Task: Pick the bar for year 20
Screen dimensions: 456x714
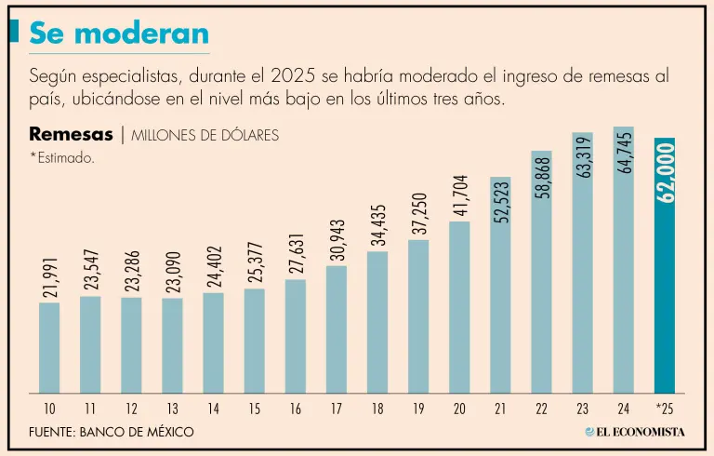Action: coord(459,307)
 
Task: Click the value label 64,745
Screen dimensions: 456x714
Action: coord(624,153)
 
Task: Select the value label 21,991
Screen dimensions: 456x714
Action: coord(49,275)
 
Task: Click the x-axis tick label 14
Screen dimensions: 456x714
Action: coord(213,408)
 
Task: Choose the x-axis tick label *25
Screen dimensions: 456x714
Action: coord(664,408)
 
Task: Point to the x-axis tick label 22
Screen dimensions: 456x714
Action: coord(541,408)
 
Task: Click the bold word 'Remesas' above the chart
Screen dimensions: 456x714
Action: coord(71,134)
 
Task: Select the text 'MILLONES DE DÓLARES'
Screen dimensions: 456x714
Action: coord(205,136)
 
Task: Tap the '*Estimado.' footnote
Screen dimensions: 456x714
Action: coord(61,158)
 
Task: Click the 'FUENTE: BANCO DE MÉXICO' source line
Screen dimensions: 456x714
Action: coord(112,432)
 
